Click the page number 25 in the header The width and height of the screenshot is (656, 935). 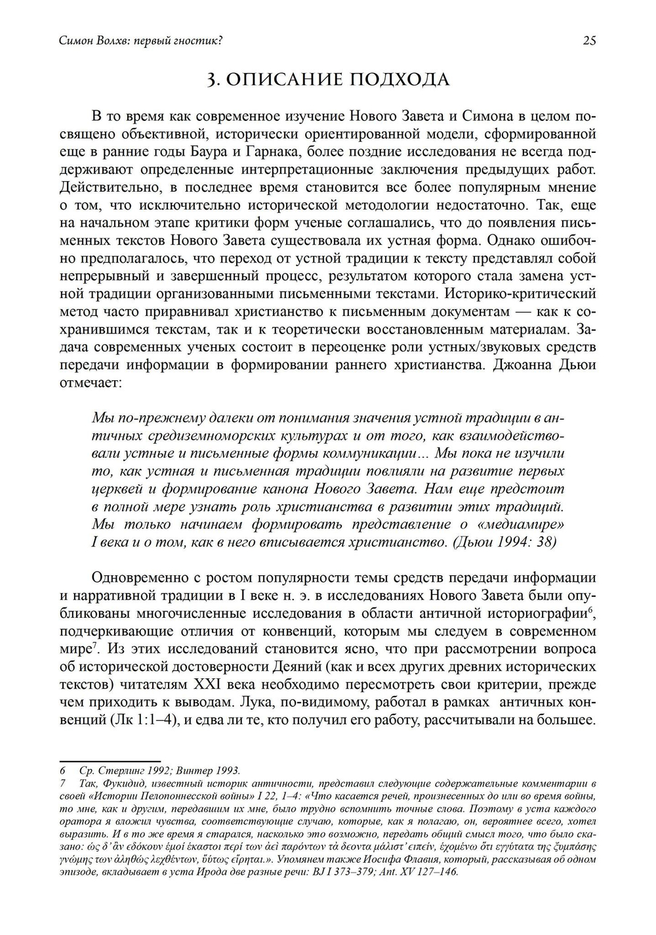[x=589, y=41]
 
